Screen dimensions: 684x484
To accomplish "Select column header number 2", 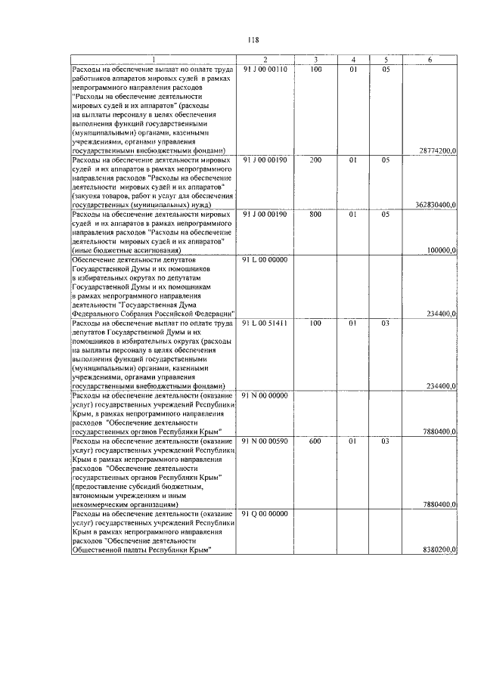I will tap(265, 60).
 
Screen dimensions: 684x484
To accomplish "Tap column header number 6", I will tap(430, 60).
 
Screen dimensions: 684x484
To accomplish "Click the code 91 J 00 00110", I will tap(265, 70).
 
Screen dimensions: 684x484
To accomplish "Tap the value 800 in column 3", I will tap(315, 215).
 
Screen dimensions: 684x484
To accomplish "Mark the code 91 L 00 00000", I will tap(265, 260).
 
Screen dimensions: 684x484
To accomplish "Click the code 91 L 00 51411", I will tap(265, 323).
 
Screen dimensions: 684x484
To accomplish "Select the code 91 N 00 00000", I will tap(265, 395).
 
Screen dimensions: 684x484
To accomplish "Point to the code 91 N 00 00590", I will tap(265, 441).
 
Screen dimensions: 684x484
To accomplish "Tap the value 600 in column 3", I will tap(315, 441).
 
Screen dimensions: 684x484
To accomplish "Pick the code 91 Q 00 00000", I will tap(265, 514).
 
